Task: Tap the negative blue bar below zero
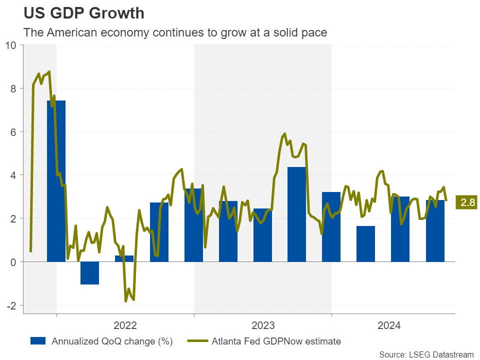pos(90,273)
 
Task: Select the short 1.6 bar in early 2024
pos(365,243)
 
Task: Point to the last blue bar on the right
pos(435,230)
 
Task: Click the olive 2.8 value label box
pos(467,203)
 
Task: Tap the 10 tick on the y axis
pos(10,45)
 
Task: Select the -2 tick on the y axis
pos(11,305)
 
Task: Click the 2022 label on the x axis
pos(125,326)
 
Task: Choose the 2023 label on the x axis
pos(263,326)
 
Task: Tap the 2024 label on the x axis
pos(389,326)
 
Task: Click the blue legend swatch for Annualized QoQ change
pos(38,341)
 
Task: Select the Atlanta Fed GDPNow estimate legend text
pos(276,341)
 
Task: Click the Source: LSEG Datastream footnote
pos(426,354)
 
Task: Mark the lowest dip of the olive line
pos(126,301)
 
